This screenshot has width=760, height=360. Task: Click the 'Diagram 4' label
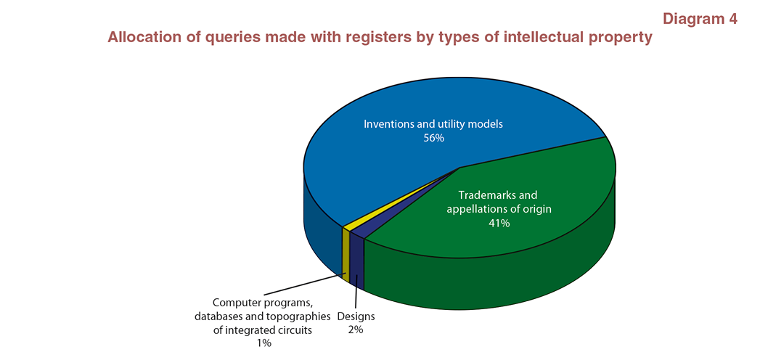(700, 19)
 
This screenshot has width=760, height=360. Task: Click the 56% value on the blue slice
(433, 138)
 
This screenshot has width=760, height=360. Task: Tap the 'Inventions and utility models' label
(433, 124)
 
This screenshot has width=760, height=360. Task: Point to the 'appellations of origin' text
(499, 210)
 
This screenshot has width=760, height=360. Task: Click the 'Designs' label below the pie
(356, 317)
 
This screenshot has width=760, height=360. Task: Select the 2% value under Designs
(356, 330)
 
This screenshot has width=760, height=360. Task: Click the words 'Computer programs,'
(262, 303)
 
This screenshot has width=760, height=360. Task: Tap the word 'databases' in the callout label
(216, 317)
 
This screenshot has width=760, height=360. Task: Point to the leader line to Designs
(356, 292)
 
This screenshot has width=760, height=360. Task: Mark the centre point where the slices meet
(459, 168)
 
